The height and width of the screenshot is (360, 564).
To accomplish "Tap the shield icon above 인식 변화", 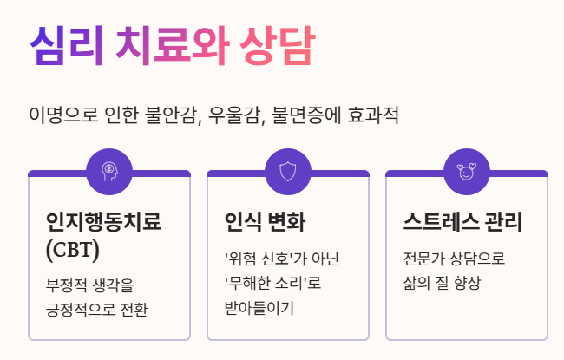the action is (288, 171).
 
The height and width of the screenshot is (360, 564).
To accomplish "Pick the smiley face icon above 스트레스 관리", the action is (466, 171).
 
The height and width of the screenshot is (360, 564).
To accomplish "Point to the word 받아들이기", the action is (259, 307).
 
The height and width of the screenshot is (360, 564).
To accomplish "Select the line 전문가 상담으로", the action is (454, 259).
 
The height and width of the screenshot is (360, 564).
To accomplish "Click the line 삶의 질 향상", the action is (442, 283).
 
